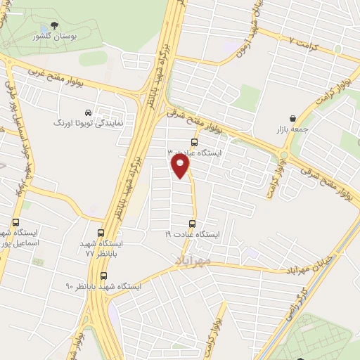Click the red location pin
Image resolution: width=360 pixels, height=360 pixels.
pyautogui.click(x=181, y=167)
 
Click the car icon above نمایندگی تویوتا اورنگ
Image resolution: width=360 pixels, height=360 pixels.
pyautogui.click(x=88, y=112)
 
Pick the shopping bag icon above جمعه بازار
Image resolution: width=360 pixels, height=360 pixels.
pyautogui.click(x=292, y=119)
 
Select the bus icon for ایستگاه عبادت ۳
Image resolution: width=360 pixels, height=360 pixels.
pyautogui.click(x=194, y=142)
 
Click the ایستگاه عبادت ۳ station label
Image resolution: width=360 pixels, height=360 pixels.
pyautogui.click(x=193, y=152)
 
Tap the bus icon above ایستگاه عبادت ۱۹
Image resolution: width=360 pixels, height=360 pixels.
pyautogui.click(x=194, y=223)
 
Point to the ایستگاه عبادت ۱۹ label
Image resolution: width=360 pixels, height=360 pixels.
pyautogui.click(x=193, y=233)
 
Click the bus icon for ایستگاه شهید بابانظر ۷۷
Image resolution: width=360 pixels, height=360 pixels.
pyautogui.click(x=101, y=233)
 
